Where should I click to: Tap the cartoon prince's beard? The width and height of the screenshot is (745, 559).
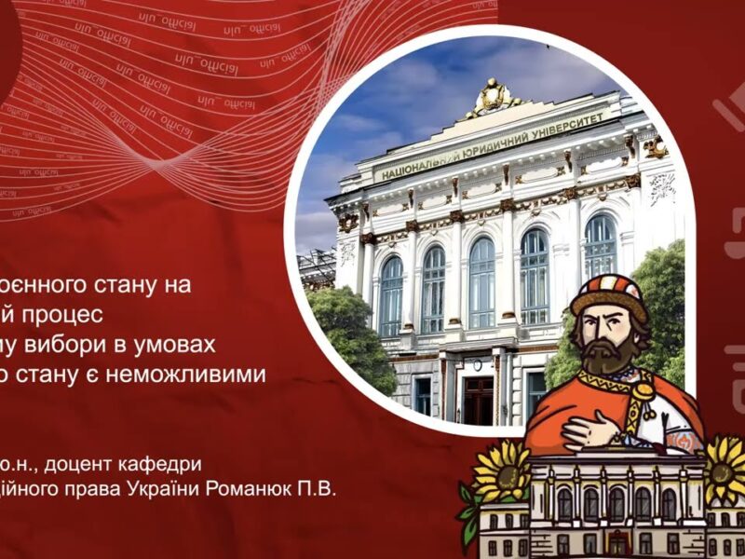(609, 352)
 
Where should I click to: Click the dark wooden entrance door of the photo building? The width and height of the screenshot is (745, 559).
(478, 399)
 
